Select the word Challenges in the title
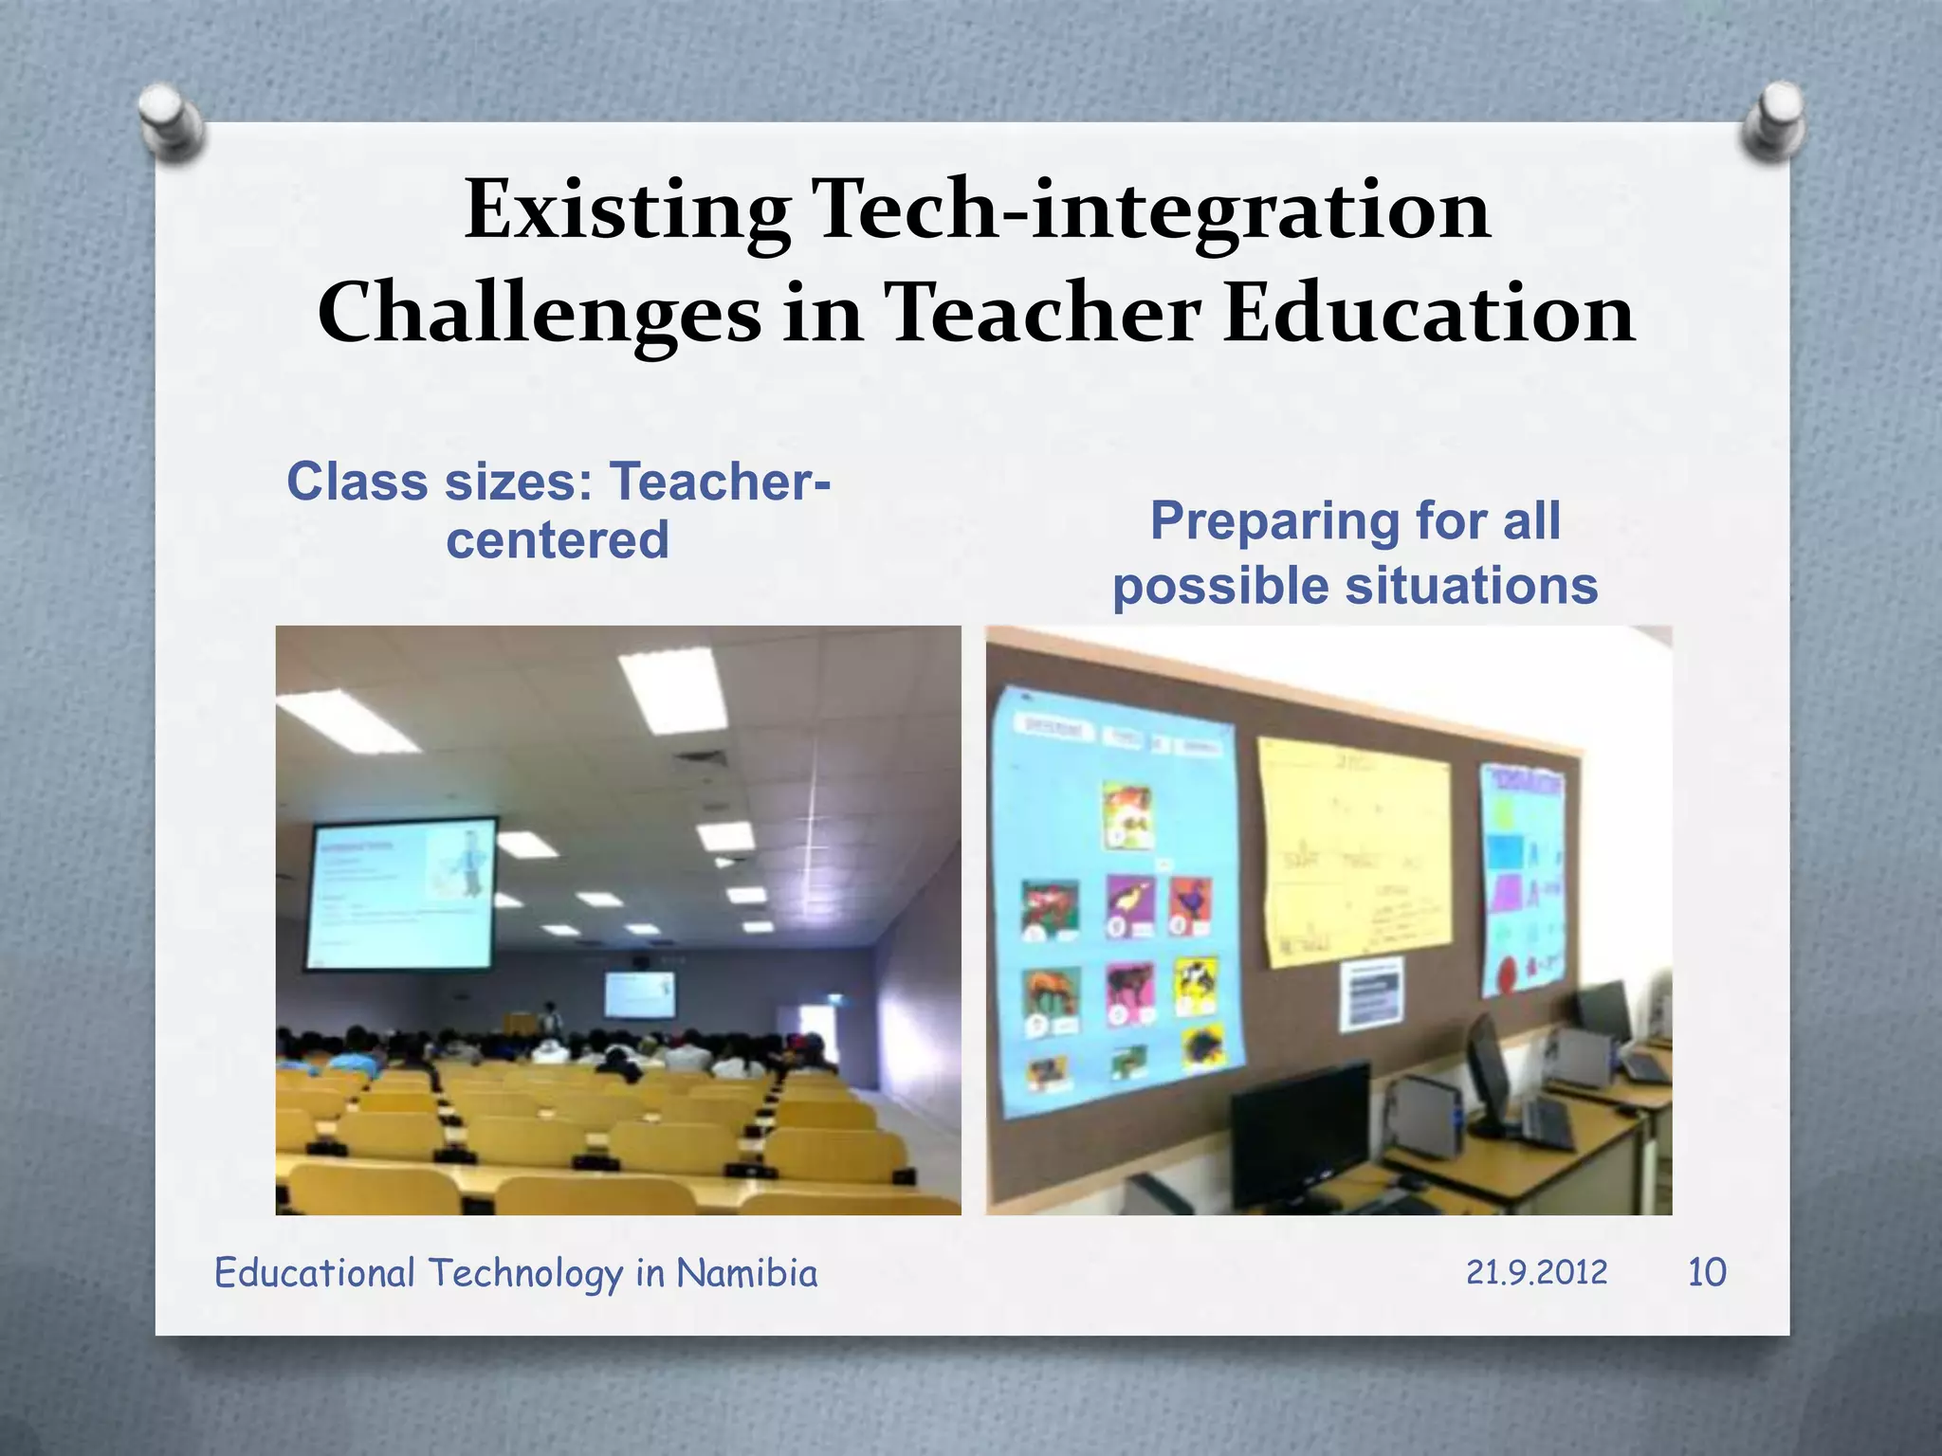tap(538, 314)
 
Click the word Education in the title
tap(1428, 314)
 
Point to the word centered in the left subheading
tap(558, 540)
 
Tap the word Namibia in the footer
tap(746, 1273)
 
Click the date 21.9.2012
tap(1536, 1272)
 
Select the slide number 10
tap(1707, 1272)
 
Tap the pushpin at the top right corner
tap(1772, 120)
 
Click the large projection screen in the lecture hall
tap(401, 893)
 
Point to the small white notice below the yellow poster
tap(1370, 994)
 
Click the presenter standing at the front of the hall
tap(548, 1019)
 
